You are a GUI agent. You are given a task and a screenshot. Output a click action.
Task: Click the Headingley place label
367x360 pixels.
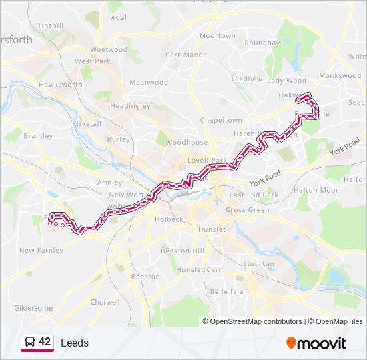click(x=130, y=106)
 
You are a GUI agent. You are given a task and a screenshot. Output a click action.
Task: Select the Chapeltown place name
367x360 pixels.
click(x=221, y=121)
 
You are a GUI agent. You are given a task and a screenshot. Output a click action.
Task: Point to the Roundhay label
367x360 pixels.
click(x=262, y=43)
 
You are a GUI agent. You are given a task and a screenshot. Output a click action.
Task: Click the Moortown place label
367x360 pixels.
click(x=217, y=36)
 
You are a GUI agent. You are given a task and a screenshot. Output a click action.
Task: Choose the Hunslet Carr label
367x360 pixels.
click(x=198, y=270)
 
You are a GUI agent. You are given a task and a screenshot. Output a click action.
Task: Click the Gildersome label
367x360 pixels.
click(x=33, y=308)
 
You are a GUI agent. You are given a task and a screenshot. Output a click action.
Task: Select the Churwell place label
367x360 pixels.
click(x=105, y=302)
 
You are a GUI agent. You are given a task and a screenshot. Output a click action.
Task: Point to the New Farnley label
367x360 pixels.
click(x=41, y=251)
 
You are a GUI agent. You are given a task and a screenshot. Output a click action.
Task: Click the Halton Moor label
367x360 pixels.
click(x=316, y=190)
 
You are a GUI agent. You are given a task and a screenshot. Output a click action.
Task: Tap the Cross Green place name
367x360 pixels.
click(x=247, y=210)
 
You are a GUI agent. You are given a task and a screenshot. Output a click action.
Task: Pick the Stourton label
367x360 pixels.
click(x=258, y=263)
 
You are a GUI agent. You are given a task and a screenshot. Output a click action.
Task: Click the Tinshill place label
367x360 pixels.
click(x=51, y=25)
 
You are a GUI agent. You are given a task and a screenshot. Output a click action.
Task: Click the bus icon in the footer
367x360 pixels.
click(x=30, y=343)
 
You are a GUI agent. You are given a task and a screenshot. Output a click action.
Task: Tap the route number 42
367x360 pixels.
click(x=45, y=342)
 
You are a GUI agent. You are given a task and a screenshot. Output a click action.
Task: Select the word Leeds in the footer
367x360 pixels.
click(x=74, y=343)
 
